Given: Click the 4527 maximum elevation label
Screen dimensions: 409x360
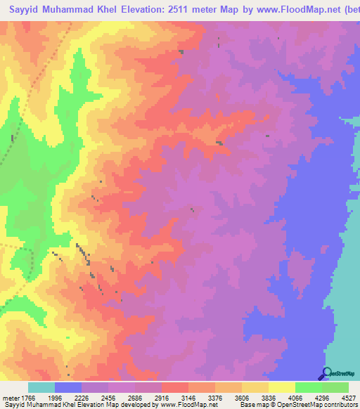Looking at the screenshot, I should [348, 397].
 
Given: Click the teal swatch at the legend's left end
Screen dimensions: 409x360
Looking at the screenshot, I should [41, 387].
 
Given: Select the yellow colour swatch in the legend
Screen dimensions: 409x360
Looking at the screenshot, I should [281, 387].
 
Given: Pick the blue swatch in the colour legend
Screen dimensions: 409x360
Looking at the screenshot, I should [68, 387].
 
